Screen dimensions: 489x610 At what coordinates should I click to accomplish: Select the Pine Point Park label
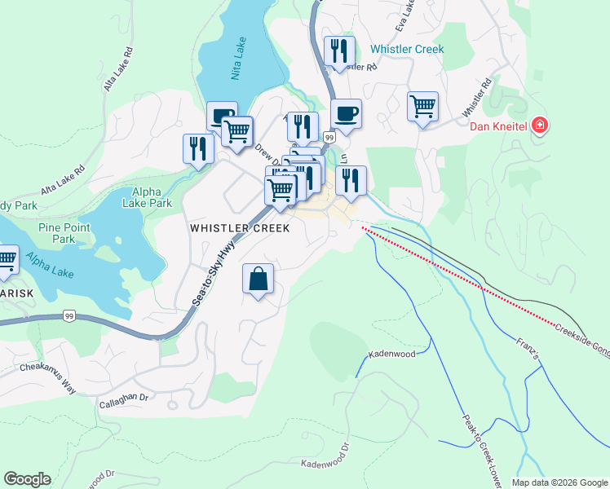58,234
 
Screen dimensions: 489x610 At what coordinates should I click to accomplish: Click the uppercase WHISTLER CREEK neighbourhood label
240,229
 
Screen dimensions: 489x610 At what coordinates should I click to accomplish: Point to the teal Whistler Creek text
407,49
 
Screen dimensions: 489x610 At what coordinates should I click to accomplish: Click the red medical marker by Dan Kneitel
539,126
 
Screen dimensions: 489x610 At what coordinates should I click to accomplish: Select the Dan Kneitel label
500,126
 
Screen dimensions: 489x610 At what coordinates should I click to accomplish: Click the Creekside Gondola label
582,337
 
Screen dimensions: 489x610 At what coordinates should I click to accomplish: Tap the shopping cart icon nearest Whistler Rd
422,106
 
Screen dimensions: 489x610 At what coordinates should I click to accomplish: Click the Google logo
27,479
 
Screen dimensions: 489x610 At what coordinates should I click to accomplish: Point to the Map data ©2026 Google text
559,482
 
